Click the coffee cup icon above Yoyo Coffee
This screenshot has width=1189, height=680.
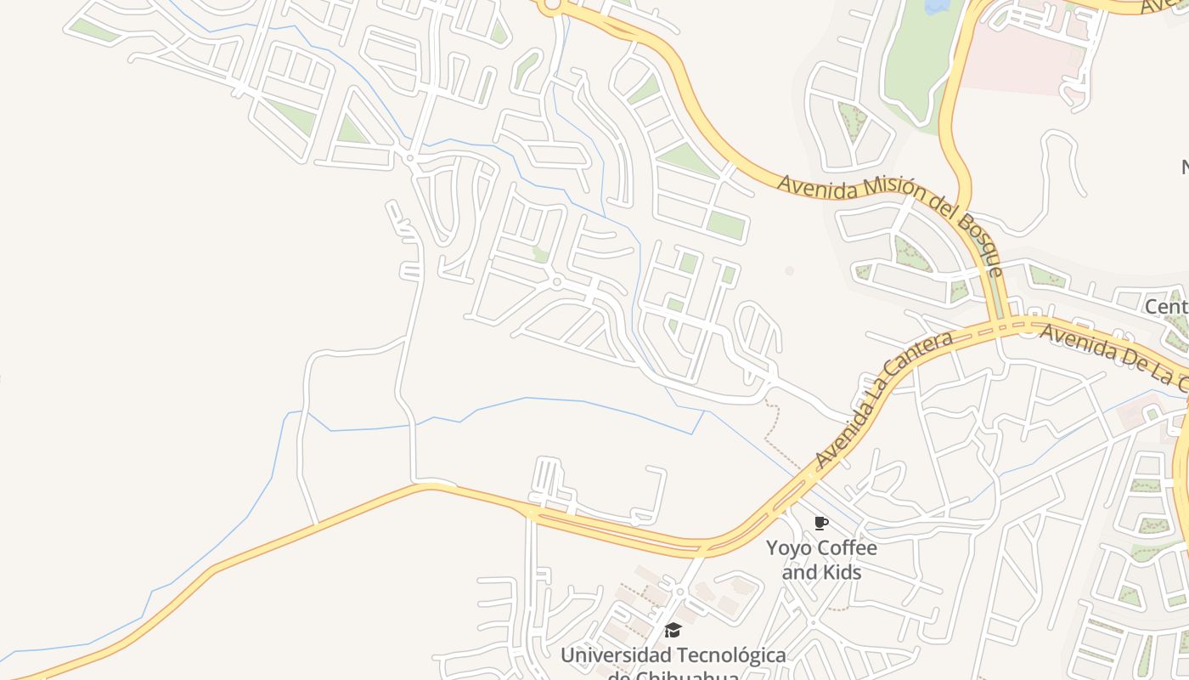tap(820, 524)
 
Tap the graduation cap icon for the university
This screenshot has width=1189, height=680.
tap(673, 630)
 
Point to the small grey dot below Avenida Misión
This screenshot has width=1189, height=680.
tap(789, 270)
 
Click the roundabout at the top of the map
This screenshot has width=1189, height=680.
tap(551, 7)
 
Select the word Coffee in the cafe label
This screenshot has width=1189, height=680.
tap(845, 548)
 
